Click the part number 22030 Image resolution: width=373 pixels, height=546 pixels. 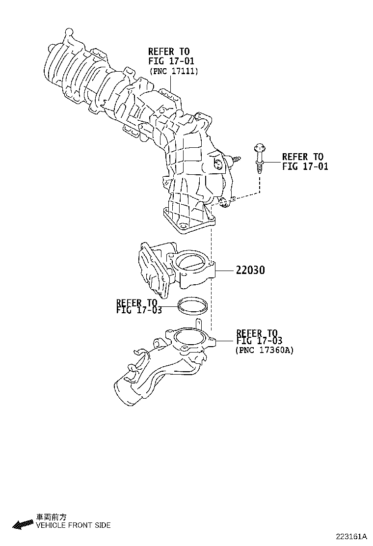[251, 270]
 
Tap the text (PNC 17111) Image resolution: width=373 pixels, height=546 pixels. [173, 72]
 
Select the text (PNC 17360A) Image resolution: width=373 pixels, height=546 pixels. [265, 350]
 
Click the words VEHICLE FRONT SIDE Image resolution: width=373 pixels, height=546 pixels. [73, 525]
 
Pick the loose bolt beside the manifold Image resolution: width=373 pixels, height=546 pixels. [259, 157]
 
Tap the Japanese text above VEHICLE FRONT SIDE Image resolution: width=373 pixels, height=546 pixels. [51, 517]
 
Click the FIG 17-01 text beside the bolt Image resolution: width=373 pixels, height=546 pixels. [305, 166]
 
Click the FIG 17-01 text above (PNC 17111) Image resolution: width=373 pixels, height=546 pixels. [171, 61]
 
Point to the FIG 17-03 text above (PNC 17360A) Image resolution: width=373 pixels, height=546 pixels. [259, 340]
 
